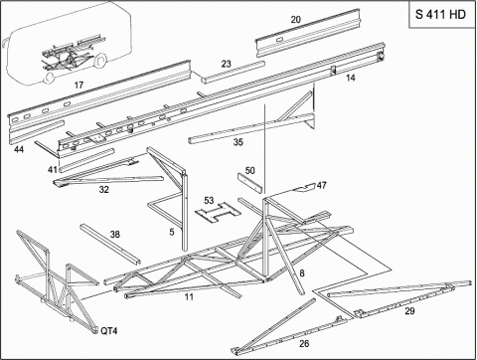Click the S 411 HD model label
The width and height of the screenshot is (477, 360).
click(x=440, y=15)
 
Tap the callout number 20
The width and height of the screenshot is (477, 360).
click(x=296, y=20)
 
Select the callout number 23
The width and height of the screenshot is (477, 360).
click(x=226, y=64)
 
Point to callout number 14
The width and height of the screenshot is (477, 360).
click(x=351, y=78)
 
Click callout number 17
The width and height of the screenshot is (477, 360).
click(x=79, y=86)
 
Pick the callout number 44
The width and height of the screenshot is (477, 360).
click(x=19, y=149)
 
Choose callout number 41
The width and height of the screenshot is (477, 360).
click(x=53, y=170)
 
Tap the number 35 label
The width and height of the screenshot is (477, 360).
click(x=238, y=142)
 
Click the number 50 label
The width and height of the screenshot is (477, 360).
click(x=249, y=170)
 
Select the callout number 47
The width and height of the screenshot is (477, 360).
click(x=322, y=185)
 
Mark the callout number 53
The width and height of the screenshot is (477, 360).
click(x=209, y=201)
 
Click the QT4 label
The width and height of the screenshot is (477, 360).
click(x=109, y=331)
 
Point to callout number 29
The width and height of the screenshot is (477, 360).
click(x=409, y=311)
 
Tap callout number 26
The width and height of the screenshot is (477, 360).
click(x=304, y=344)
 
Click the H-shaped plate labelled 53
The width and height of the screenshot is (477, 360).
click(x=217, y=213)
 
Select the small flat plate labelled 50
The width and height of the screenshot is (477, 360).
click(x=249, y=183)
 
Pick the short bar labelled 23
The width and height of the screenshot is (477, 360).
click(x=233, y=72)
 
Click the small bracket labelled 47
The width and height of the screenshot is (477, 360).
click(x=304, y=188)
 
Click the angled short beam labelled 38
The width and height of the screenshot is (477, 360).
click(x=110, y=244)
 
